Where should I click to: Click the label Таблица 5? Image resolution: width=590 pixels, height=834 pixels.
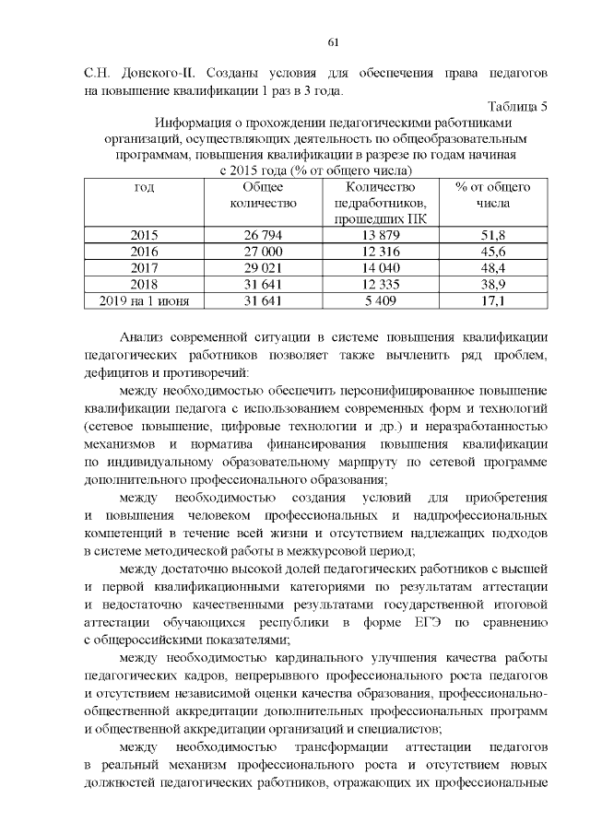(x=518, y=106)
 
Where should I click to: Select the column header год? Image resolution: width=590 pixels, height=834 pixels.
(x=144, y=187)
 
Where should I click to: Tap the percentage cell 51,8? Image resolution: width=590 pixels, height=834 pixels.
(x=493, y=236)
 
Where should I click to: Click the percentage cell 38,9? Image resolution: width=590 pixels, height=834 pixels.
(x=493, y=284)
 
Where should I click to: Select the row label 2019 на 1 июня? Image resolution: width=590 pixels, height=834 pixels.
(x=144, y=300)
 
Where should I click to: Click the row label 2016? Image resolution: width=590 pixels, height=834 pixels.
(x=144, y=252)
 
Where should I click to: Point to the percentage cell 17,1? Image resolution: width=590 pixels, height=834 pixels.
(x=493, y=300)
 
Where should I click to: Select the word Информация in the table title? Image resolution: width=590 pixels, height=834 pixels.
(x=196, y=123)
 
